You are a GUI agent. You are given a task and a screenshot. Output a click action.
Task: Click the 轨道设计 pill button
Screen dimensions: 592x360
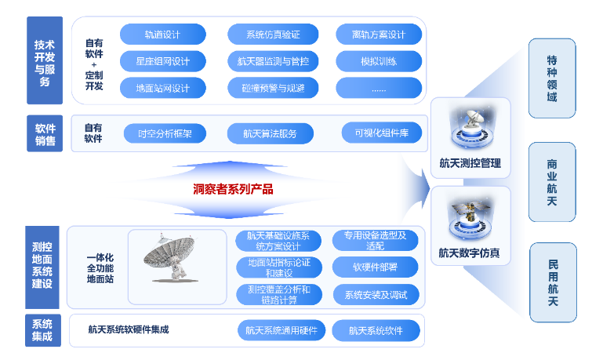(x=163, y=35)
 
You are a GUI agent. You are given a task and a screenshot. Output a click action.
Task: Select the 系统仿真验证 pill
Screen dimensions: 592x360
(x=273, y=35)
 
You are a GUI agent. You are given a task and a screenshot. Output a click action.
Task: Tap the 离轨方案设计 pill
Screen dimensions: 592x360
(x=379, y=35)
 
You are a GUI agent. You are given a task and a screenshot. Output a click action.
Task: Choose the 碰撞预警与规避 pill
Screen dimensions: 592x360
(x=273, y=88)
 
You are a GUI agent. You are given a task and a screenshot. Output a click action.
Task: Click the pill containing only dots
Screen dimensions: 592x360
(x=379, y=88)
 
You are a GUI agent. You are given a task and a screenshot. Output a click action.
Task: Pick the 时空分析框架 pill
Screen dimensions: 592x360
(x=165, y=133)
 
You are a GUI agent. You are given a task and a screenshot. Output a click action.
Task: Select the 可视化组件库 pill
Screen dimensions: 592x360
(x=382, y=133)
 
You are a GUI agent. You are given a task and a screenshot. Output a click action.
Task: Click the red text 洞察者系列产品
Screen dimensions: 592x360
(x=233, y=189)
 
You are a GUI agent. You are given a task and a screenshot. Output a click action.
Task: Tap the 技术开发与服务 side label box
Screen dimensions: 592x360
(x=45, y=60)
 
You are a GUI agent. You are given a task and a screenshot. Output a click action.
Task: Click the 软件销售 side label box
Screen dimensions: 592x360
(x=45, y=133)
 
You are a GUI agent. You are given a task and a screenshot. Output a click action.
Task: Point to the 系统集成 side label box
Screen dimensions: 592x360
(x=43, y=330)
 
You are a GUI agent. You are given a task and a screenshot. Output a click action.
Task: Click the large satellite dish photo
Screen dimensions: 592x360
(x=171, y=258)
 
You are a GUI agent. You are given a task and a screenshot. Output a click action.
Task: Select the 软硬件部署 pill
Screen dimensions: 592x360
(x=376, y=267)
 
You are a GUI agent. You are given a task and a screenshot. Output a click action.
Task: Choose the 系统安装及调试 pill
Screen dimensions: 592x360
(x=376, y=295)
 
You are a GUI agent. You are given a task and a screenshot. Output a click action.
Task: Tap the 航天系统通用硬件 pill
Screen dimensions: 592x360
(x=281, y=330)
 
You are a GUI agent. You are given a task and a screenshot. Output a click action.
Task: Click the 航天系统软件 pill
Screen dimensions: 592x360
(x=376, y=330)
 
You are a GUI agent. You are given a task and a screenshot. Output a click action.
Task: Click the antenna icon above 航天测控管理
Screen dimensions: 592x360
(x=470, y=129)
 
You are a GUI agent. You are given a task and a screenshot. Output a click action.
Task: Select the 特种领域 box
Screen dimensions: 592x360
(x=552, y=78)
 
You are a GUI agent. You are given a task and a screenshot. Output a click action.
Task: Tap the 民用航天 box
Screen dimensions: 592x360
(x=553, y=282)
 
